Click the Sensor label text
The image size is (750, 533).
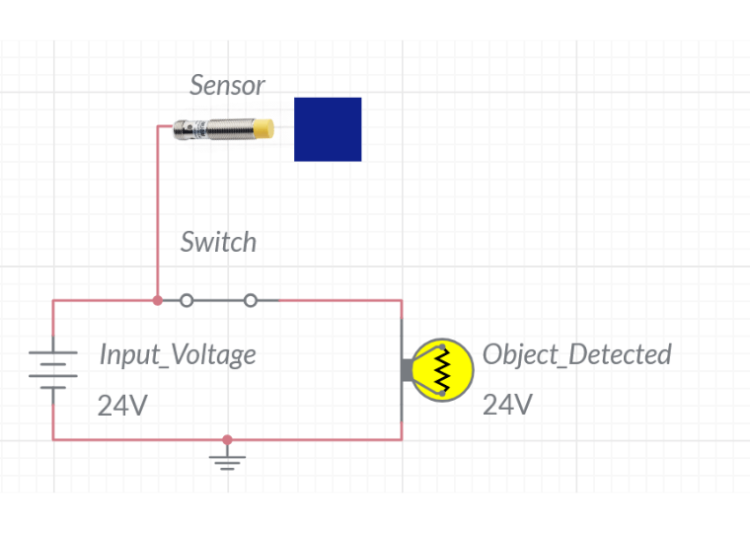pos(227,85)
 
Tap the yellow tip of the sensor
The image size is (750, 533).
pos(263,128)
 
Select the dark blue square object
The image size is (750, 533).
pos(328,129)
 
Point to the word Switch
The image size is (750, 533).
pos(219,242)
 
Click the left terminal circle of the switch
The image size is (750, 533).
pos(187,300)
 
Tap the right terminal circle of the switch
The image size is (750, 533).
pos(250,300)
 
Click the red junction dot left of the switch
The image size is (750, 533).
pos(157,300)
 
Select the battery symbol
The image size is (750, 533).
pos(53,370)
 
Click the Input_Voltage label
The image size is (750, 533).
pos(178,355)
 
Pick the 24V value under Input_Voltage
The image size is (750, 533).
pos(122,406)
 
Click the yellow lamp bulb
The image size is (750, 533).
pos(442,370)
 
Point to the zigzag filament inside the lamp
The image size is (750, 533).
pos(442,370)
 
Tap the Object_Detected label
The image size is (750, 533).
pos(577,354)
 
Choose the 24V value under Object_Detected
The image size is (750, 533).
pos(507,405)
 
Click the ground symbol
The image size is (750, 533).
pos(227,458)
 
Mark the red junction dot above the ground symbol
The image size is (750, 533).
pos(227,439)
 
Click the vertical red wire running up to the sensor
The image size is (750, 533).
pos(157,213)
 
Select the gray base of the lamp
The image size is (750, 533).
pos(407,370)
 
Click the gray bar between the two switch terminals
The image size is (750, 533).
pos(219,300)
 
